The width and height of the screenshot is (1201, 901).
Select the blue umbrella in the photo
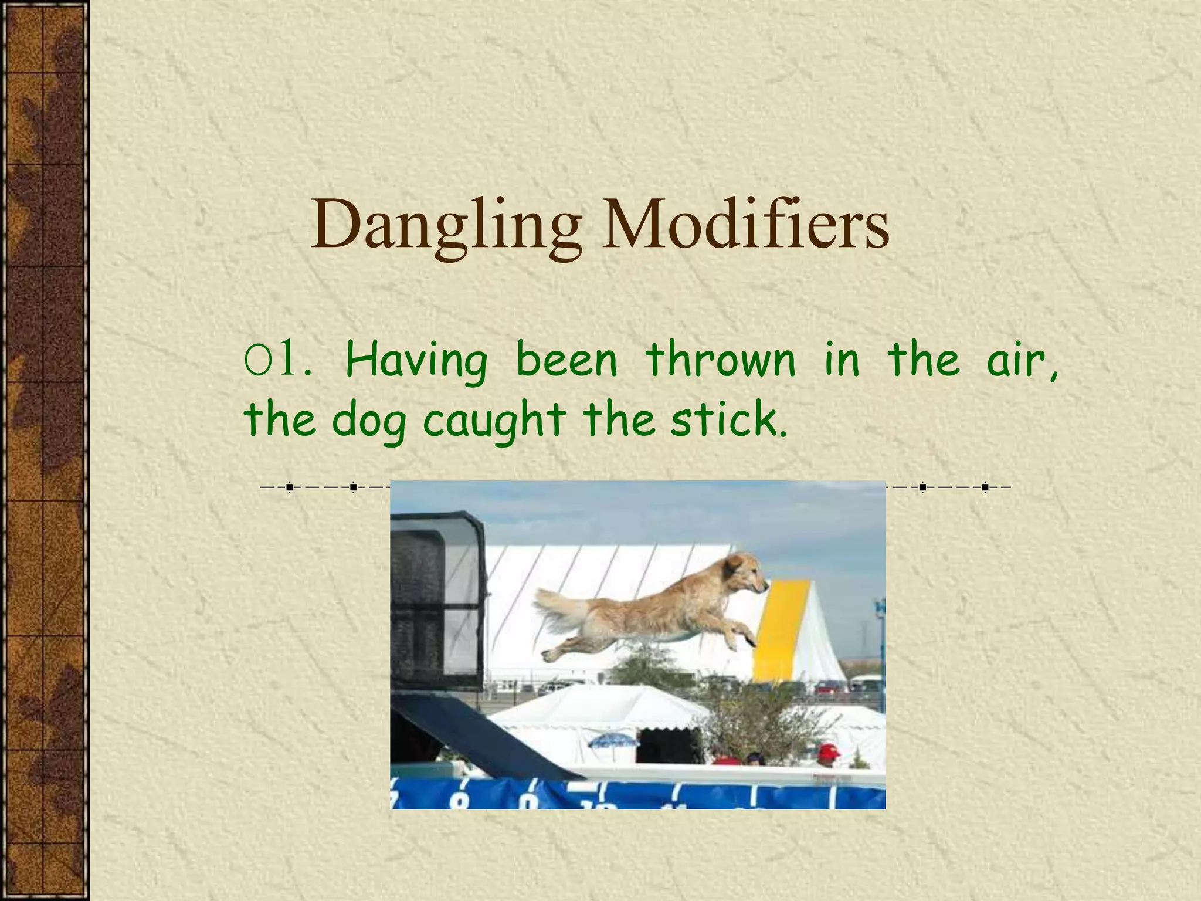click(x=613, y=741)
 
